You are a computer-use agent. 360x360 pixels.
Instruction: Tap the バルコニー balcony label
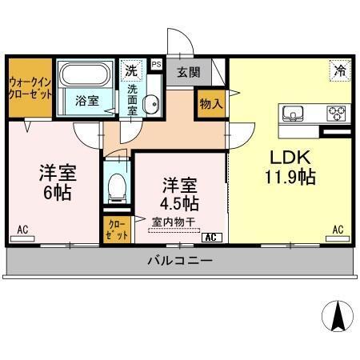pyautogui.click(x=178, y=261)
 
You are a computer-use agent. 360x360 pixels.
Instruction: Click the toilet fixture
pyautogui.click(x=118, y=187)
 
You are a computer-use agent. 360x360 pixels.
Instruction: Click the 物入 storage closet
pyautogui.click(x=211, y=104)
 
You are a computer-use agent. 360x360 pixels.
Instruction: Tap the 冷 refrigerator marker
pyautogui.click(x=338, y=70)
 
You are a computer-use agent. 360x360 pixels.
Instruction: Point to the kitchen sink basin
pyautogui.click(x=293, y=112)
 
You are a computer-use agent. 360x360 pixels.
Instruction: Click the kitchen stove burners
pyautogui.click(x=337, y=112)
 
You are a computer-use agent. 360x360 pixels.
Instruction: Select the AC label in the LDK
pyautogui.click(x=338, y=230)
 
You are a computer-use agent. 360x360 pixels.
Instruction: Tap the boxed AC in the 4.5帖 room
pyautogui.click(x=212, y=237)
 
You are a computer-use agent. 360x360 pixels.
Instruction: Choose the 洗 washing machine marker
pyautogui.click(x=130, y=69)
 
